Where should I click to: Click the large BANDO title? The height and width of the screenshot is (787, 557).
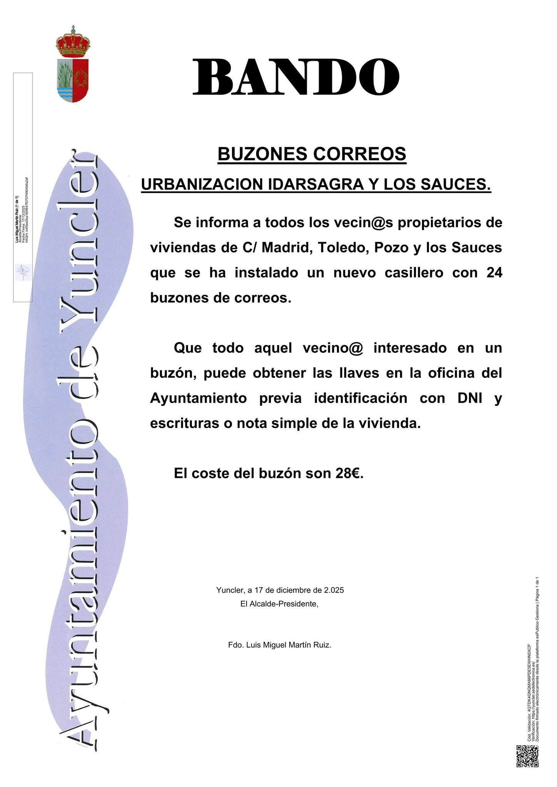[x=295, y=77]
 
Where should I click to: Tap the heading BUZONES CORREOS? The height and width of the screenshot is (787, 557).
[x=312, y=154]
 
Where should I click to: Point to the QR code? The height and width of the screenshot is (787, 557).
[x=527, y=756]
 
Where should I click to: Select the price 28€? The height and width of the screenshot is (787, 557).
[x=349, y=473]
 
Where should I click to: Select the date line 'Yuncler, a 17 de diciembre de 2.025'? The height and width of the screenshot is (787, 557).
[x=280, y=590]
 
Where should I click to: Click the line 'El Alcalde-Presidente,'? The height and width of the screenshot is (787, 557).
[x=279, y=604]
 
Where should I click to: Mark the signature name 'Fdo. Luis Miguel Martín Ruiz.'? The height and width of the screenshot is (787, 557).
[x=280, y=645]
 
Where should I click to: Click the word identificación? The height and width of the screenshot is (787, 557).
[x=360, y=398]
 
